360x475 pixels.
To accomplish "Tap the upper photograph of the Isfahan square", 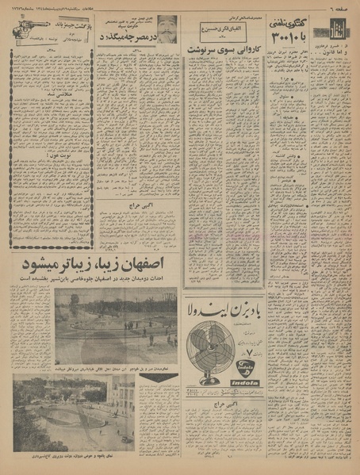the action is (x=116, y=324).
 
